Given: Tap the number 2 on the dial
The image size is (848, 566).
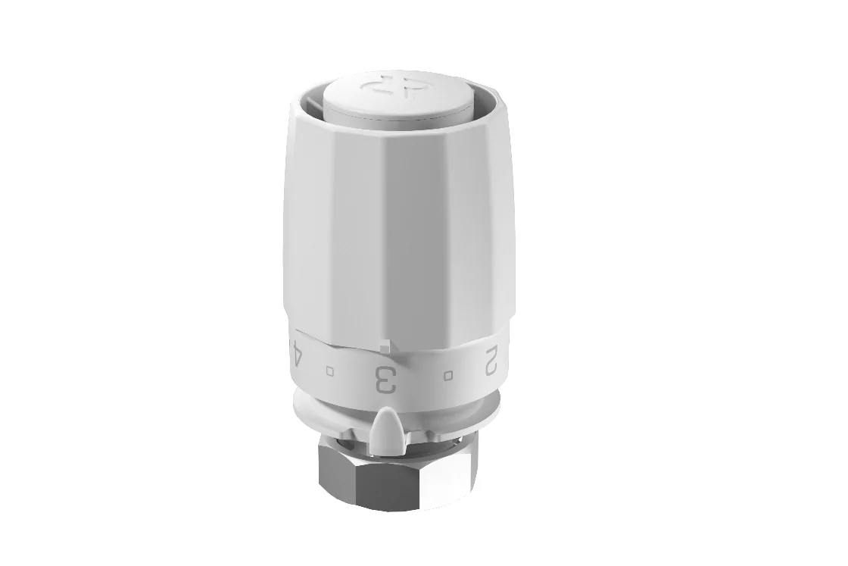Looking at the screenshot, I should (491, 360).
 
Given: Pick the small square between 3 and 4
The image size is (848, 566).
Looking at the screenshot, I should (330, 371).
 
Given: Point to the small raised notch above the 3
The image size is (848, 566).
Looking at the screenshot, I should (385, 346).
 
